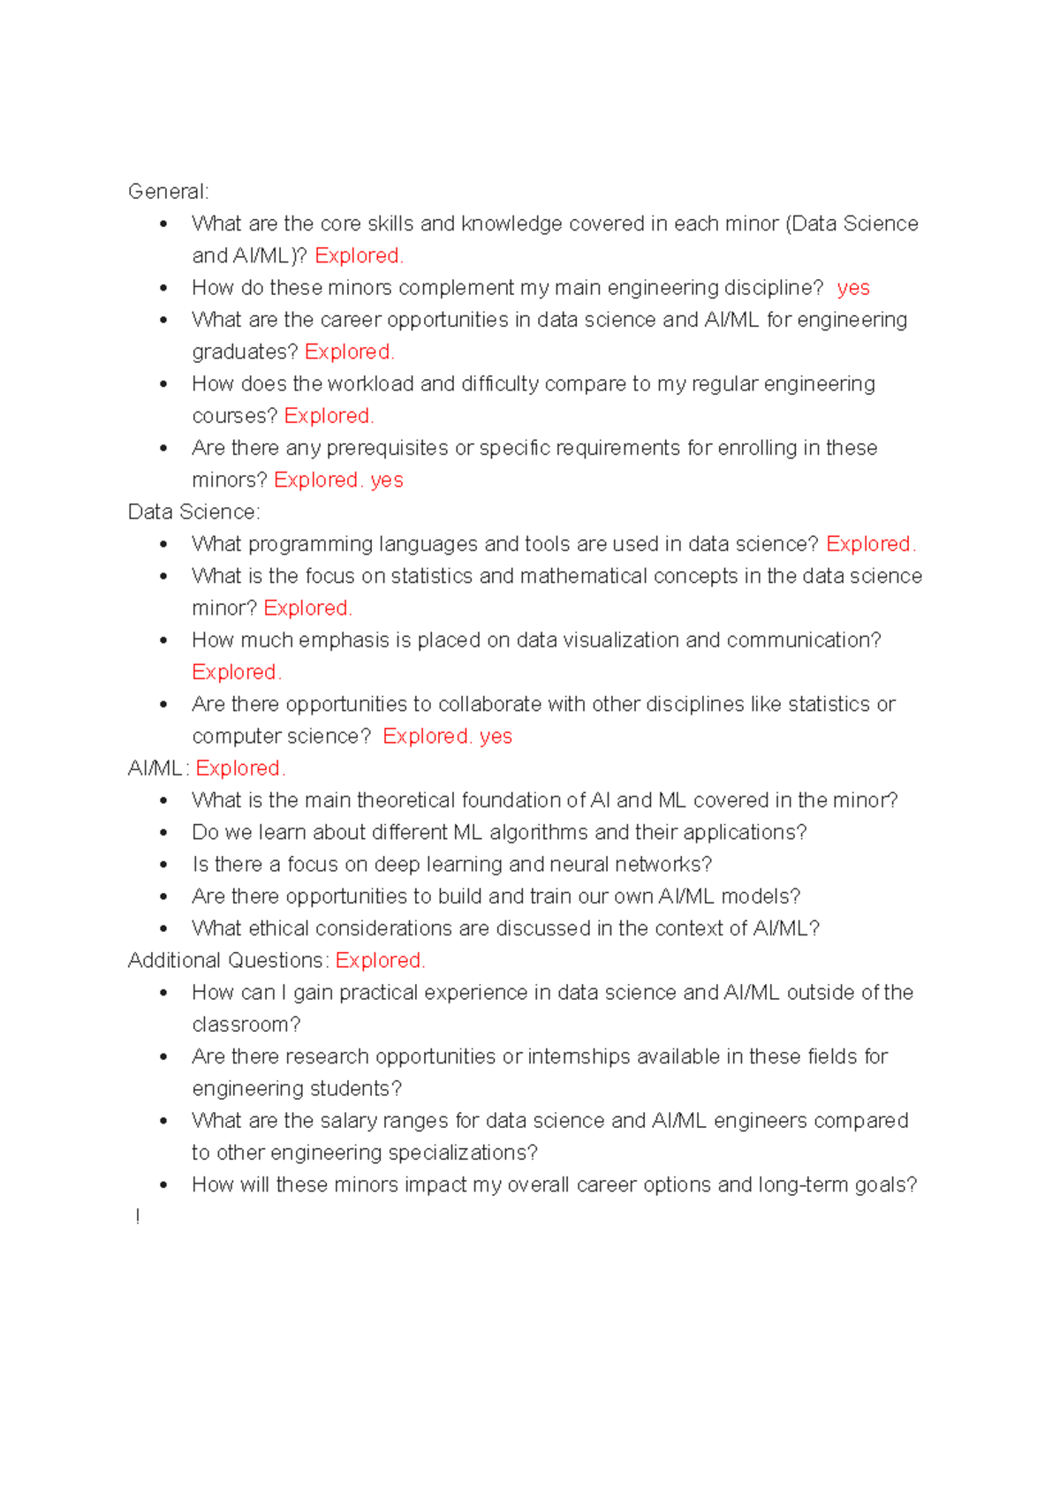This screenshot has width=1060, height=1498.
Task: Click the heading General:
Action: point(168,192)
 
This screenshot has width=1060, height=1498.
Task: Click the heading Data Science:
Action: point(193,512)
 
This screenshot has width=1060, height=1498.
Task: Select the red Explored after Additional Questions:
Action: point(380,961)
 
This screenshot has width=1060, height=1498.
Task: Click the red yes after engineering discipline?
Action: point(853,288)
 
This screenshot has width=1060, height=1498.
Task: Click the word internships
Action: point(579,1057)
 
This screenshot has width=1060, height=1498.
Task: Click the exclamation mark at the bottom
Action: point(138,1217)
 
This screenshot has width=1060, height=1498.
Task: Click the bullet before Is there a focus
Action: point(164,866)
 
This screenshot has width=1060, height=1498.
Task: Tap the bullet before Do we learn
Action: point(164,833)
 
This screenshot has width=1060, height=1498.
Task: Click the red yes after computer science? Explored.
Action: point(496,737)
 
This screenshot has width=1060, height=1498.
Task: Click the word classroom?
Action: point(246,1025)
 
